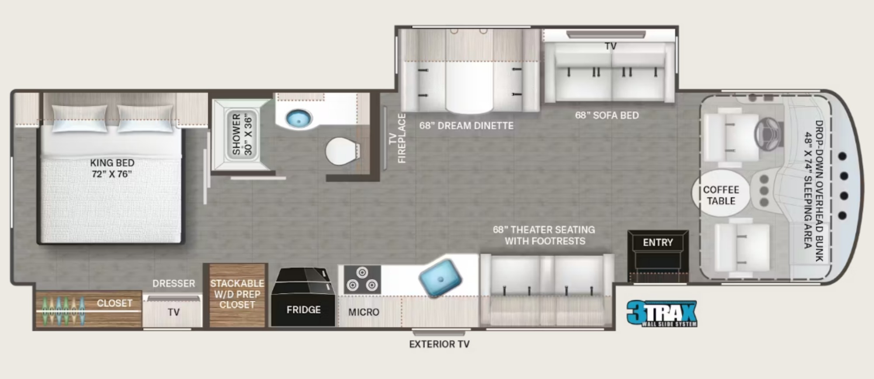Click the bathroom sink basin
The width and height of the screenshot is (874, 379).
pyautogui.click(x=299, y=118)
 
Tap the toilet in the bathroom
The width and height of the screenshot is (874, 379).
pyautogui.click(x=343, y=151)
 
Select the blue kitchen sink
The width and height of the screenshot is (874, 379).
pyautogui.click(x=440, y=278)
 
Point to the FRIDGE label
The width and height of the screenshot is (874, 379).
pyautogui.click(x=304, y=310)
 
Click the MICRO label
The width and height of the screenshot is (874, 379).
pyautogui.click(x=364, y=312)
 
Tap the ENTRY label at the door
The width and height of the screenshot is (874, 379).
pyautogui.click(x=658, y=243)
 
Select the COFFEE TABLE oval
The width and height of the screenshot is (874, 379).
pyautogui.click(x=721, y=193)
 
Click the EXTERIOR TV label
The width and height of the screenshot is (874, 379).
pyautogui.click(x=439, y=344)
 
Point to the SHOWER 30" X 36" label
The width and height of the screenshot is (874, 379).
pyautogui.click(x=242, y=134)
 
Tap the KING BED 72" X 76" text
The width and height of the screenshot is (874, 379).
pyautogui.click(x=112, y=168)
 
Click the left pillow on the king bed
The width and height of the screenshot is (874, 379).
pyautogui.click(x=80, y=118)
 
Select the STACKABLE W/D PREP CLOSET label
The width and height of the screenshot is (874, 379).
pyautogui.click(x=237, y=294)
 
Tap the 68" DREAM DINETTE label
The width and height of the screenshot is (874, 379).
pyautogui.click(x=466, y=126)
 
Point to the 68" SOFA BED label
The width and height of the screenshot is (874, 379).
pyautogui.click(x=607, y=115)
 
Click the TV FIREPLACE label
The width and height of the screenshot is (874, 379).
pyautogui.click(x=397, y=138)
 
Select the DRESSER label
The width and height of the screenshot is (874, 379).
pyautogui.click(x=173, y=284)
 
